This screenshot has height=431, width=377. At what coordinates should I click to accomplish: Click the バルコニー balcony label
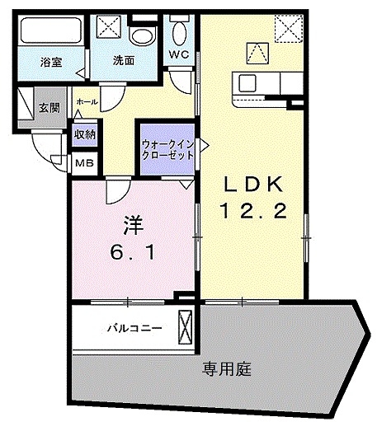pos(133,327)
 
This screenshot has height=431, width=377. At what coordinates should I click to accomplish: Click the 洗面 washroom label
pos(125,60)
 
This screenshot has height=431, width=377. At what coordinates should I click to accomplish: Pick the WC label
pos(179,55)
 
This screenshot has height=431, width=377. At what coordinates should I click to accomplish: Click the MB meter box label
pos(84,163)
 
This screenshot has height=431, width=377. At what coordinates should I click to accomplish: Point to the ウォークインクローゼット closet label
pos(168,148)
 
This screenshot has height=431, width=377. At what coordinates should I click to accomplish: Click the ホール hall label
pos(85,101)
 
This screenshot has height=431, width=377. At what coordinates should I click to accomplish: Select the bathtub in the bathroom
pos(48,32)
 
